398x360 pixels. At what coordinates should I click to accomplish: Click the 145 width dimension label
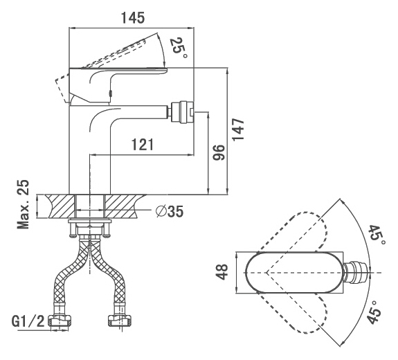tap(132, 18)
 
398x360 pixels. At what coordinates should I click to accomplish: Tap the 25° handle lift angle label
tap(179, 48)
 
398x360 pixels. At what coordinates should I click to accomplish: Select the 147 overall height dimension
tap(238, 129)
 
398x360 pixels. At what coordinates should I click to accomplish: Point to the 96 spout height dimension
tap(219, 152)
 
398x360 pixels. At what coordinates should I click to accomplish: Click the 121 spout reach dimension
tap(143, 145)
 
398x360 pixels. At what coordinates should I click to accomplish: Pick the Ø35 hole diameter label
tap(170, 211)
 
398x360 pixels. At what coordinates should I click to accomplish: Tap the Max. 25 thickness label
tap(23, 204)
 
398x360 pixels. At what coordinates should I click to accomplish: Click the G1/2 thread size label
tap(28, 321)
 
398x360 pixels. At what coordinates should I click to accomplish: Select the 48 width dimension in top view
tap(222, 272)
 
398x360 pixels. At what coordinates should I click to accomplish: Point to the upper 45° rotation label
tap(377, 235)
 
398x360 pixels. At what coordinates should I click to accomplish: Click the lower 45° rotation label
tap(375, 312)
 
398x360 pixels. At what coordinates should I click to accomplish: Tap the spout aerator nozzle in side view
tap(183, 112)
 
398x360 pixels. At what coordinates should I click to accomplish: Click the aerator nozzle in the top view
tap(356, 273)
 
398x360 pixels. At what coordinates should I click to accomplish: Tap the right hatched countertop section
tap(125, 206)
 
